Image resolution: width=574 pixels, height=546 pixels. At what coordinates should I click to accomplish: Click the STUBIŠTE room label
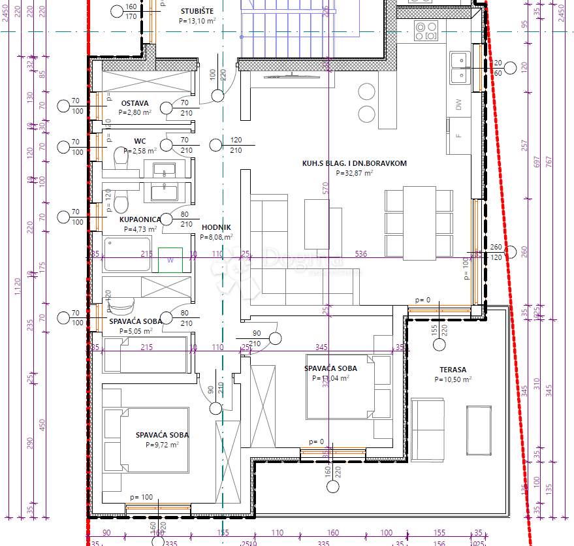point(197,11)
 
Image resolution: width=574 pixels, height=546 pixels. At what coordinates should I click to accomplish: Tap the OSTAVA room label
point(135,103)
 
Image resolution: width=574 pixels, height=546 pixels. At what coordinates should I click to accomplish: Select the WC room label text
point(140,140)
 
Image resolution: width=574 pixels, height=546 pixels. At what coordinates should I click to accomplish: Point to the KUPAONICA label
point(140,219)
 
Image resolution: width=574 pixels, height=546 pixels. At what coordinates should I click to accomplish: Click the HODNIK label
point(215,227)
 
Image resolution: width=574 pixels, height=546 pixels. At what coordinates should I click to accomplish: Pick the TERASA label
point(453,370)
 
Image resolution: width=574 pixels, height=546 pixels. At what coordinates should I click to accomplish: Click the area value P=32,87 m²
point(354,174)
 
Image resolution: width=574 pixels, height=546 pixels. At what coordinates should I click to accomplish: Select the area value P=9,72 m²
point(162,444)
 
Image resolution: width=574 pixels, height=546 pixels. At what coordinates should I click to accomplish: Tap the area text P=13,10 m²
point(197,21)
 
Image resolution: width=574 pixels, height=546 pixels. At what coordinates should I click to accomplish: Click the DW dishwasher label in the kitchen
point(458,104)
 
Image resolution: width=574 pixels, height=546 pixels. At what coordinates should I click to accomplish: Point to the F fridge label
point(458,136)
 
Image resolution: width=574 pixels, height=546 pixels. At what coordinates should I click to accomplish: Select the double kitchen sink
point(460,67)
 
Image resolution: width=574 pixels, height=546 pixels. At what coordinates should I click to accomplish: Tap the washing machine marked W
point(170,260)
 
